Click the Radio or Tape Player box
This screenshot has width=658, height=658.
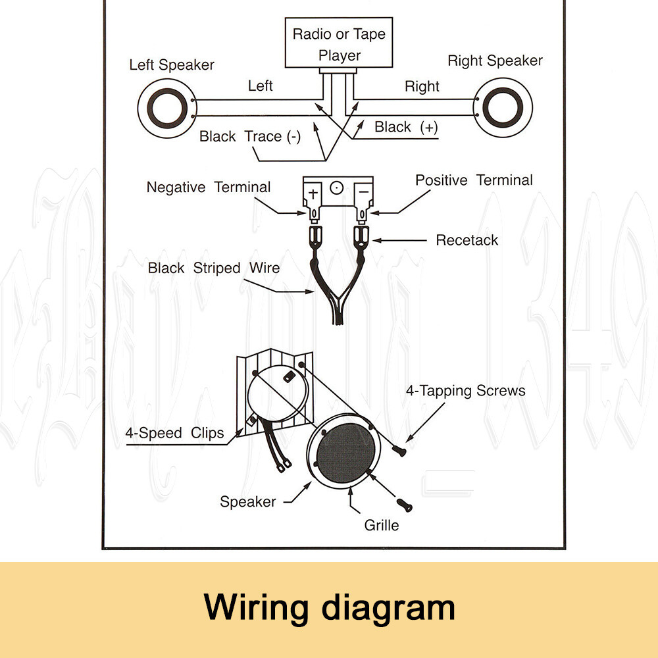[x=339, y=43]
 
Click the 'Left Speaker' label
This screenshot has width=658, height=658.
[x=171, y=65]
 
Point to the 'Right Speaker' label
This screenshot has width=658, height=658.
[x=495, y=61]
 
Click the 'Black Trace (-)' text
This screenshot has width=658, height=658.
[x=250, y=137]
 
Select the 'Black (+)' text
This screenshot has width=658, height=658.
[x=406, y=127]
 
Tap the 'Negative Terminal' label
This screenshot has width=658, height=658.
[x=208, y=188]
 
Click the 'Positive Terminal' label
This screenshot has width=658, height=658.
[x=474, y=180]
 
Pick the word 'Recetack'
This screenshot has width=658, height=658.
[x=467, y=240]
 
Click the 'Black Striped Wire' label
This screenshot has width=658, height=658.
[x=213, y=268]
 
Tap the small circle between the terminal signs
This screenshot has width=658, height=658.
[x=337, y=189]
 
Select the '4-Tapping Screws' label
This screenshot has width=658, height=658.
[x=465, y=391]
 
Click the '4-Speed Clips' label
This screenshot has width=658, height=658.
[x=174, y=433]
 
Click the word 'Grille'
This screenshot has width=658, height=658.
[x=382, y=526]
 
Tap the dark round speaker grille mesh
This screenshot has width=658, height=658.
[x=345, y=455]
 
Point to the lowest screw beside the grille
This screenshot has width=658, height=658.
[x=405, y=505]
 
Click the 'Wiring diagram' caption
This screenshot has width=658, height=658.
[x=329, y=607]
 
